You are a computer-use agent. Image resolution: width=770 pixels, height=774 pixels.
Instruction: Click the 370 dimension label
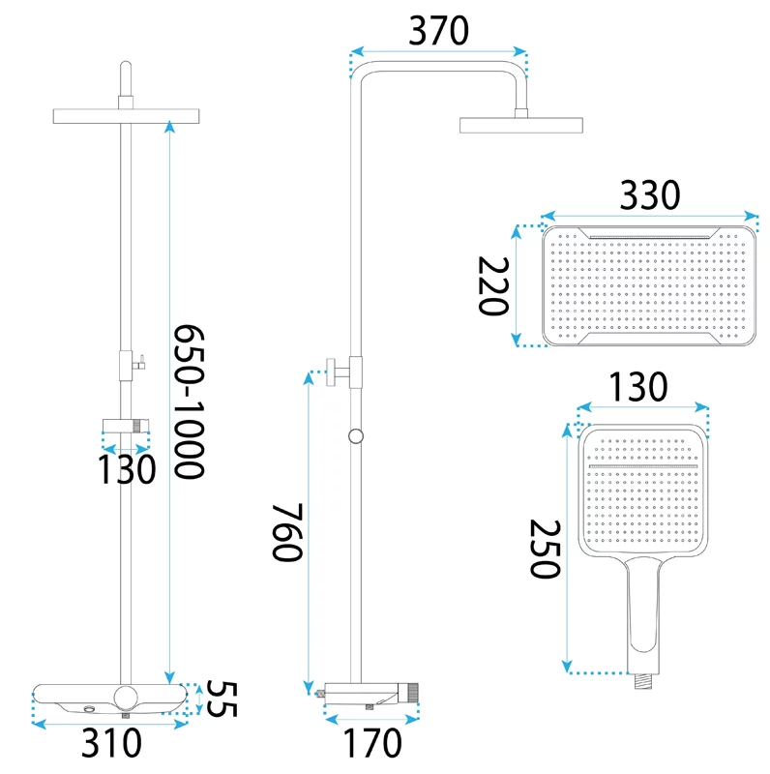[x=439, y=31]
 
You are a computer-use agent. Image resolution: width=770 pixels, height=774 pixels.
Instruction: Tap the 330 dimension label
[x=649, y=195]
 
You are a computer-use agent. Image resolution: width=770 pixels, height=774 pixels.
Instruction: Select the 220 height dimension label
[x=493, y=285]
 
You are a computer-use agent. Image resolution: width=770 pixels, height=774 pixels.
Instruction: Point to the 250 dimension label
[x=545, y=549]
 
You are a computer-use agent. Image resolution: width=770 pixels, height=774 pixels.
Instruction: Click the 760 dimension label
[x=287, y=532]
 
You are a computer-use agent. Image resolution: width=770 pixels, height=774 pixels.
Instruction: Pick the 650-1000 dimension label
[x=189, y=402]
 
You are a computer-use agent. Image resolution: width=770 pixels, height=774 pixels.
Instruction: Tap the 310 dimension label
[x=111, y=743]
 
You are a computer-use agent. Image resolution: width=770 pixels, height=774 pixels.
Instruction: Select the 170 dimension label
[x=372, y=743]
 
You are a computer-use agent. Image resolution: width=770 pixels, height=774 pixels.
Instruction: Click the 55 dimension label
[x=222, y=699]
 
